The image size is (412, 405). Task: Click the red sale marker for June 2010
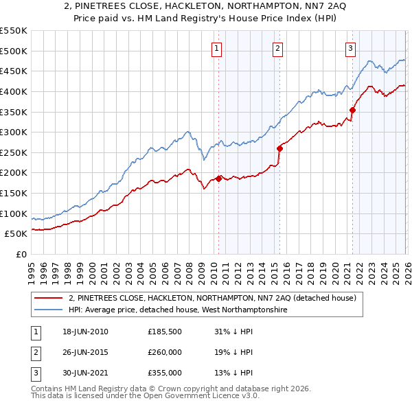pos(219,178)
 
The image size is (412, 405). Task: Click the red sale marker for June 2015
pos(279,148)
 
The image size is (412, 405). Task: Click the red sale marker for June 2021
pos(352,110)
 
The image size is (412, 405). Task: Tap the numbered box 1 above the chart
pos(216,48)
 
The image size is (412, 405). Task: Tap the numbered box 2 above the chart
pos(277,48)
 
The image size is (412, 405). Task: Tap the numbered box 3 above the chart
pos(350,48)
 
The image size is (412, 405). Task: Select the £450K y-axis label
pos(14,71)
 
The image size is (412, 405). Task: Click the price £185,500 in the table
pos(165,332)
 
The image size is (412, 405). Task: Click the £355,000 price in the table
pos(165,373)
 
